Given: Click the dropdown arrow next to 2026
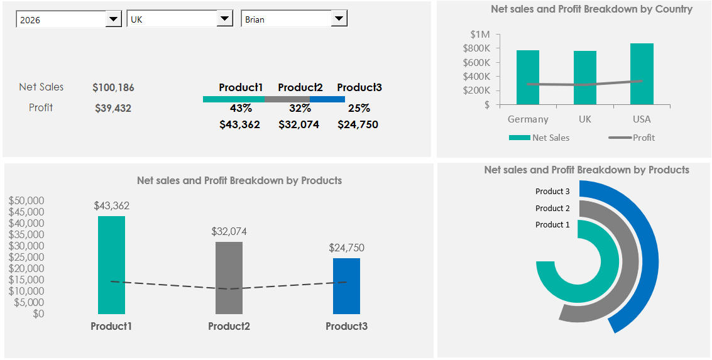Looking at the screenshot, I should [113, 19].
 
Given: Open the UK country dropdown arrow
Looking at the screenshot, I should [225, 19].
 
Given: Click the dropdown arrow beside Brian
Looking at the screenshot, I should [339, 19].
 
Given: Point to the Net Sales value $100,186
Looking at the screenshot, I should [113, 88].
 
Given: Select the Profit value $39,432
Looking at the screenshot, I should [113, 108].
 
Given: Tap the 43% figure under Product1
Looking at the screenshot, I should [241, 108].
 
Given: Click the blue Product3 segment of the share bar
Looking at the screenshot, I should [327, 99].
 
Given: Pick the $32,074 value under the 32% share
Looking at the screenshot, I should [298, 124].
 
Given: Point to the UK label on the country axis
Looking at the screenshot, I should [585, 119].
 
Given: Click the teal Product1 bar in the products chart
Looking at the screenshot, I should [111, 265].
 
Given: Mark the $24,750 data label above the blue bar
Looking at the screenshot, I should [346, 248].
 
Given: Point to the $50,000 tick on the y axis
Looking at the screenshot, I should [26, 200].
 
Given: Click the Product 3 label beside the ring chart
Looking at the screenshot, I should [552, 192].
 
